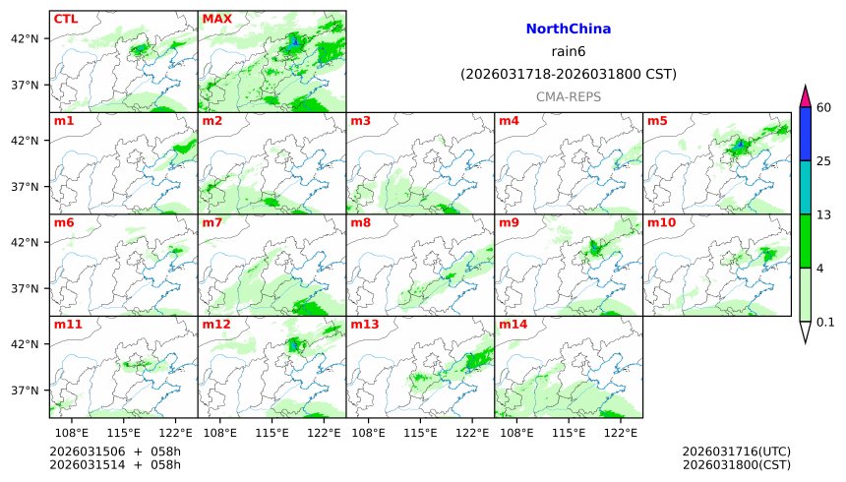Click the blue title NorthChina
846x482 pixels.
(569, 30)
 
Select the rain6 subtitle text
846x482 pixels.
(569, 52)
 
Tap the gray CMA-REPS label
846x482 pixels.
(569, 97)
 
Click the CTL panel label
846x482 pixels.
(66, 19)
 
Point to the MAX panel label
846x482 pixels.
(216, 19)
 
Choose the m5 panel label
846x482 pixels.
(656, 121)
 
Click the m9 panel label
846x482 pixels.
(509, 222)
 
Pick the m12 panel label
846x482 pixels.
(215, 324)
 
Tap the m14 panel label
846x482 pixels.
(513, 324)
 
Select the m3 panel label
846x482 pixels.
(360, 121)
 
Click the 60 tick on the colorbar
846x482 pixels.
(824, 107)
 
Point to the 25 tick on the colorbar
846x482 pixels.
(824, 161)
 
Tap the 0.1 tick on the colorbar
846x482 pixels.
(825, 322)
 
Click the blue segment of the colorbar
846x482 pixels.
(805, 134)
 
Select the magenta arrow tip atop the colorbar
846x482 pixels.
(805, 95)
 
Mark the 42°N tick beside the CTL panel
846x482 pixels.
(24, 38)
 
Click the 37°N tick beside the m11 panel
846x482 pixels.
(24, 391)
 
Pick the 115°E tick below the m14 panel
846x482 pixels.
(569, 432)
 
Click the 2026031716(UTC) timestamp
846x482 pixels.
(736, 452)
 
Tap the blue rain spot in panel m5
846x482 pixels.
(740, 144)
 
